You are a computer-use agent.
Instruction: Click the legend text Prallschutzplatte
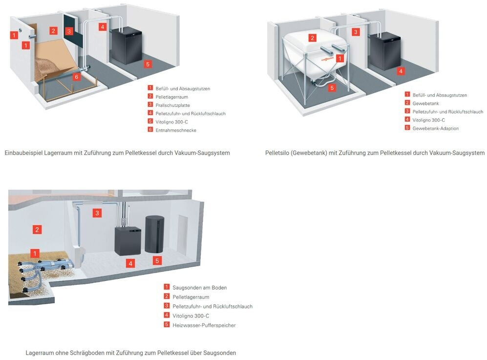click(173, 106)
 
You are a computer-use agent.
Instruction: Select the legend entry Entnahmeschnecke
click(176, 130)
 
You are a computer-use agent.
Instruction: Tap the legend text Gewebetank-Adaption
click(435, 128)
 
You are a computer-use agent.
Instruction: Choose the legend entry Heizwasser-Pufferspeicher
click(204, 325)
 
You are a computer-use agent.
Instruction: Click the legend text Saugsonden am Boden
click(200, 288)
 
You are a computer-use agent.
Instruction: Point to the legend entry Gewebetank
click(425, 104)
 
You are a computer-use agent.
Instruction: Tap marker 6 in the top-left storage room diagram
click(77, 76)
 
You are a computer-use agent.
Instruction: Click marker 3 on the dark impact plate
click(69, 31)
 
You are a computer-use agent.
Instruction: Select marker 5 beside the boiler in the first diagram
click(148, 64)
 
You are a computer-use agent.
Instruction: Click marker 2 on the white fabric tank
click(312, 38)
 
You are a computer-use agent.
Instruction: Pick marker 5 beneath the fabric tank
click(332, 88)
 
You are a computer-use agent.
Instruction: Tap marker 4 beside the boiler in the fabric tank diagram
click(401, 71)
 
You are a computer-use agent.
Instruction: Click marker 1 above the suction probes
click(35, 253)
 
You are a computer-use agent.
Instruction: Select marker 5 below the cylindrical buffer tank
click(157, 261)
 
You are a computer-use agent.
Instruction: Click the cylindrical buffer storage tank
click(154, 234)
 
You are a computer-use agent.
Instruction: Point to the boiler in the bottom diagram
click(127, 240)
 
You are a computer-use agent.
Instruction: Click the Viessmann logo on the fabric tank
click(327, 58)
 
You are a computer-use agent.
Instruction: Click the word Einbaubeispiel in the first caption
click(23, 153)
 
